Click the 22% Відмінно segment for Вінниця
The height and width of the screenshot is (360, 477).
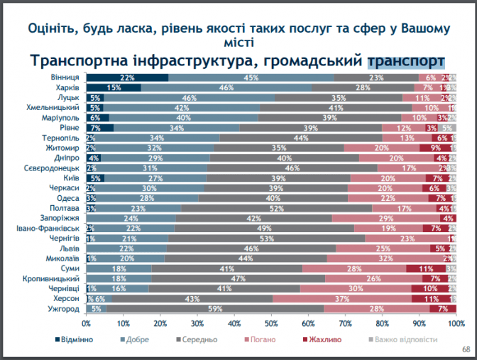pos(127,77)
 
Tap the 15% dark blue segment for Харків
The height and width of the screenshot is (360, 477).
pos(114,87)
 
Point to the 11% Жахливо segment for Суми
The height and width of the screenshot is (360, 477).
pos(426,269)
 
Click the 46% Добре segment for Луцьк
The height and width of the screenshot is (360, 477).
pos(190,98)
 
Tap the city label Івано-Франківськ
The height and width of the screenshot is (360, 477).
pos(49,229)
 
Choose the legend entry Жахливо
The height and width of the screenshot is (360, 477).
pos(327,339)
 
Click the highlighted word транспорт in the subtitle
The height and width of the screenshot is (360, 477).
pos(407,60)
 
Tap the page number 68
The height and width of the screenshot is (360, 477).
pos(466,349)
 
